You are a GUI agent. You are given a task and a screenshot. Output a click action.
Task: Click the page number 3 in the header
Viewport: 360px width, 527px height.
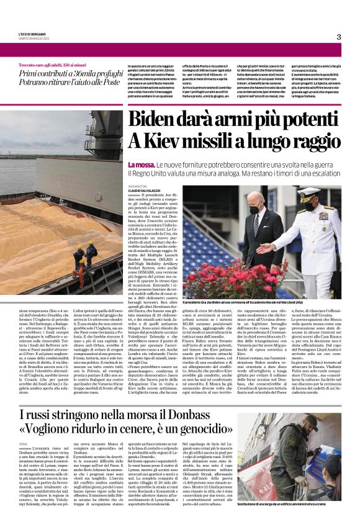click(x=338, y=37)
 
